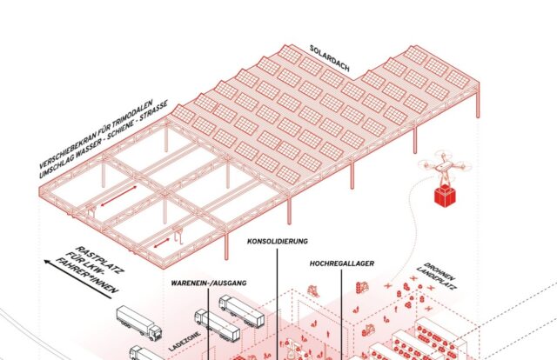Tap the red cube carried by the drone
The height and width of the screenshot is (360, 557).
pyautogui.click(x=446, y=197)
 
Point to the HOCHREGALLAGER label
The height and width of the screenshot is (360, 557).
pyautogui.click(x=341, y=260)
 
